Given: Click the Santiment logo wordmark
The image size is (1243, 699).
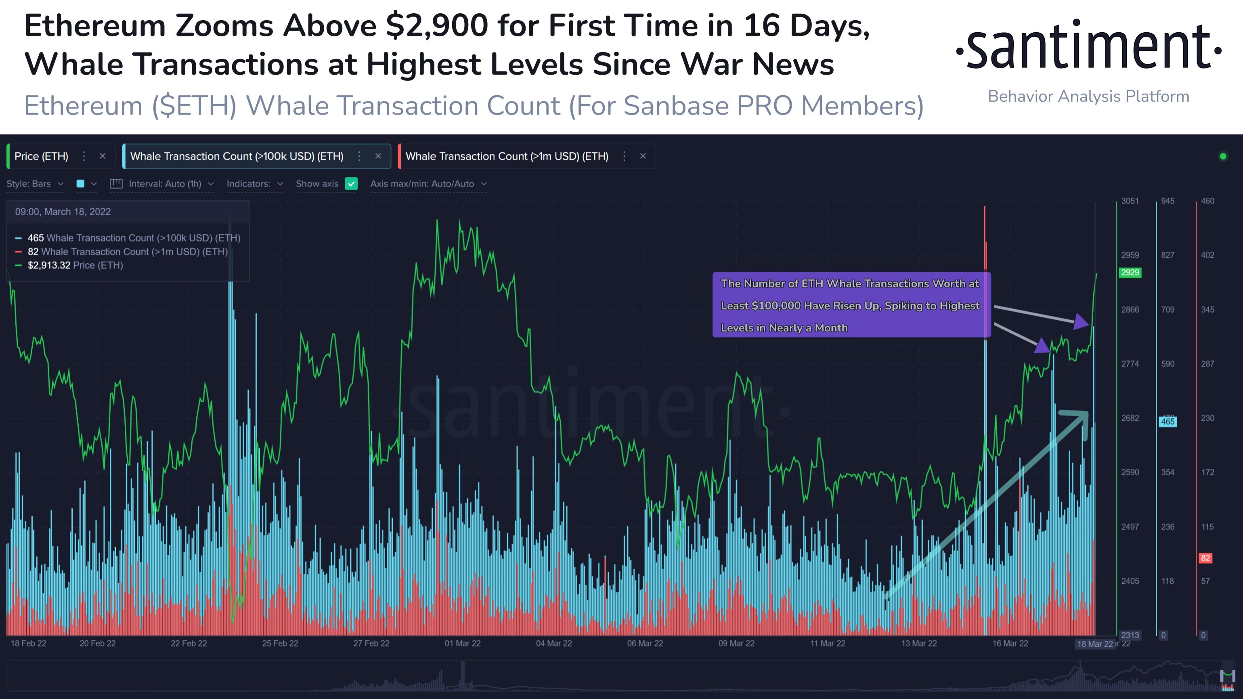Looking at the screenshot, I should point(1088,46).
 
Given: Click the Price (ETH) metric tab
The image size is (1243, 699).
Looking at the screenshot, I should point(42,156).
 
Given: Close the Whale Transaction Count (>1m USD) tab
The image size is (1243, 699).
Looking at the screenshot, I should point(643,156).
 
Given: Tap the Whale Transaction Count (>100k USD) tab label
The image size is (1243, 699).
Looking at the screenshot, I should point(237,156).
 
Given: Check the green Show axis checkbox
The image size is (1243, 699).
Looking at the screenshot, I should point(351,184).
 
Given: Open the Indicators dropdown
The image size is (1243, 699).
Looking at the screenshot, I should point(254,184).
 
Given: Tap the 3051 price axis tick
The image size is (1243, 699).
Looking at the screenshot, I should point(1130,201).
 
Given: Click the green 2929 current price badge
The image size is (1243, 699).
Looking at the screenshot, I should point(1130,273).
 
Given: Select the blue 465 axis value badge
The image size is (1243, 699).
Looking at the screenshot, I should point(1167,422).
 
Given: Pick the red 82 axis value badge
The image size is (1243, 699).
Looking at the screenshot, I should point(1205,558).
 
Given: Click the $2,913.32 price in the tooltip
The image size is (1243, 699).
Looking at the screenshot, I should point(49,265).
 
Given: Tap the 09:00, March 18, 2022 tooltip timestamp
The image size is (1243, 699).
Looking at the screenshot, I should point(63,212).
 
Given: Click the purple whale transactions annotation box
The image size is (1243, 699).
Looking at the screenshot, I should point(851,305).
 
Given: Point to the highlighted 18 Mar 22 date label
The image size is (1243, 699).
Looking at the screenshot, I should point(1094,644).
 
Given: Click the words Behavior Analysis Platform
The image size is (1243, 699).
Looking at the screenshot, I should point(1088,97).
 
